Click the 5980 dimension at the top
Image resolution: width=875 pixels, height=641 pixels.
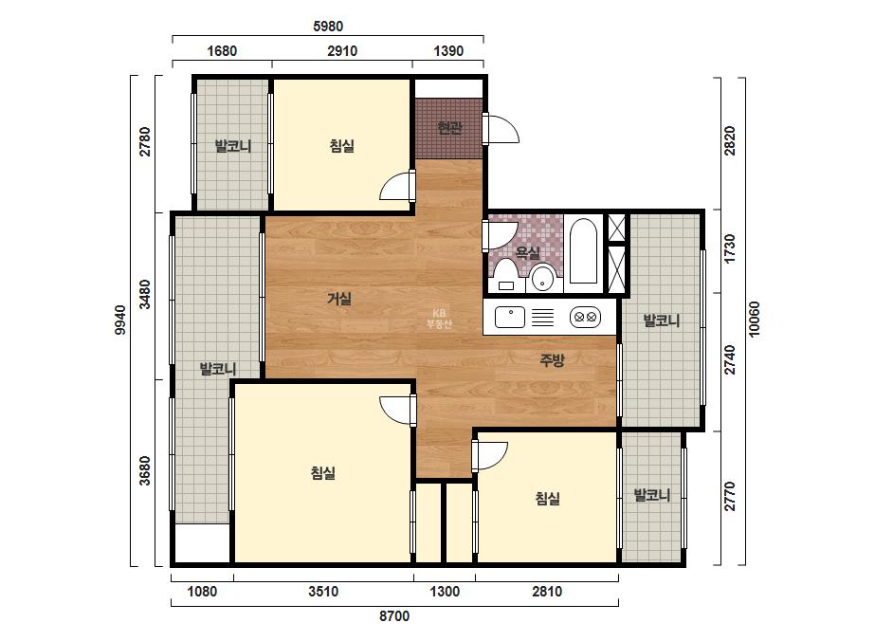click(328, 27)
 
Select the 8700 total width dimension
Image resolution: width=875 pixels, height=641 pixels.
click(394, 616)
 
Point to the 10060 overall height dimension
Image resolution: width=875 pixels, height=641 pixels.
click(754, 320)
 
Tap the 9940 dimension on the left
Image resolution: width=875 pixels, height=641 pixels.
click(120, 320)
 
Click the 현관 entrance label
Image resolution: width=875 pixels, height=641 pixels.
click(449, 128)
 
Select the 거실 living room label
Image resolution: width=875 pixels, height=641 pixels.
click(339, 299)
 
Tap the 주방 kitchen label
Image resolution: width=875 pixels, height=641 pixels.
click(552, 360)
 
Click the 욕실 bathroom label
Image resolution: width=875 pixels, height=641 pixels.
click(527, 253)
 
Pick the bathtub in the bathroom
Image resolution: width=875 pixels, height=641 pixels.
click(583, 251)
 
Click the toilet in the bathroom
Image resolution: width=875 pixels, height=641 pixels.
click(506, 275)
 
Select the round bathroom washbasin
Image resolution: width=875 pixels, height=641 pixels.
click(542, 279)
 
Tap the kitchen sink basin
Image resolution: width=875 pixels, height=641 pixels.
click(510, 317)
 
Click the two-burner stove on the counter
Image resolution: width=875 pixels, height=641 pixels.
click(585, 317)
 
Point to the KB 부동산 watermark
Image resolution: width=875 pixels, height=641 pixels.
click(439, 319)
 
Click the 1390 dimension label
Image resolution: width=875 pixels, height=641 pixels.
click(448, 51)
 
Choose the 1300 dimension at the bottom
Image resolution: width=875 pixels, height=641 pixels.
click(445, 592)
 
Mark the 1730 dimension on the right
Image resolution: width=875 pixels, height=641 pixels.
click(729, 248)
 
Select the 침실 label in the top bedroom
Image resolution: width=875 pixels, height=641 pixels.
click(341, 146)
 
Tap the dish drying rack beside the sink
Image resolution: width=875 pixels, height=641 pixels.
click(542, 317)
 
